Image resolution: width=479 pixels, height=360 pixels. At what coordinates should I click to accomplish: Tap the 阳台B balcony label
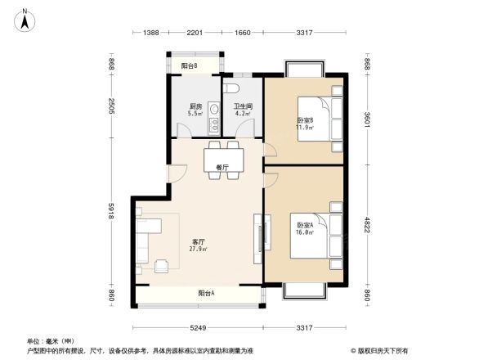[x=190, y=65]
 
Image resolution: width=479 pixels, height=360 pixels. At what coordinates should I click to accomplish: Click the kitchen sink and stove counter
[x=213, y=119]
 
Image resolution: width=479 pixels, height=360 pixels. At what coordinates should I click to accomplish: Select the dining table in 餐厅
[x=222, y=155]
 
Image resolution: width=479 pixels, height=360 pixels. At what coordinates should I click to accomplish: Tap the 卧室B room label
[x=305, y=124]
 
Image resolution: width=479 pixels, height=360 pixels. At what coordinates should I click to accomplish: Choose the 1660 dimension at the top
[x=243, y=32]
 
